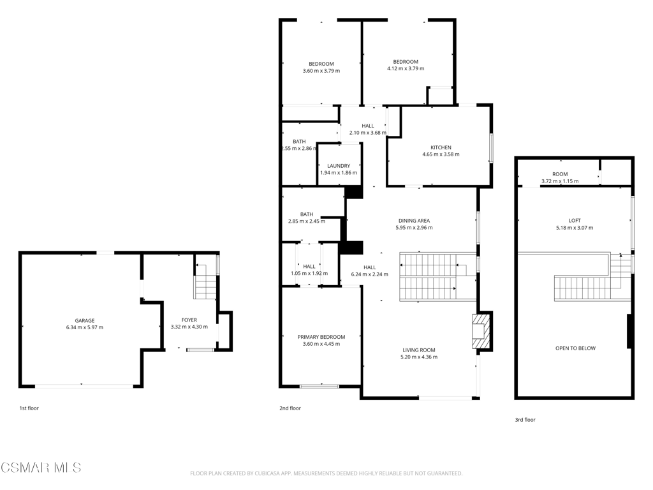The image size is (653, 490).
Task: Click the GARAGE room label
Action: [x=85, y=320]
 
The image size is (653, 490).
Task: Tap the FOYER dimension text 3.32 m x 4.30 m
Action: [x=189, y=327]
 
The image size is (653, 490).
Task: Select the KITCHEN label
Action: [x=441, y=147]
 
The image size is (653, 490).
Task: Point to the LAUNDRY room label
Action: [x=339, y=166]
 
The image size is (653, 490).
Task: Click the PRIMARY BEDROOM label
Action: [x=321, y=337]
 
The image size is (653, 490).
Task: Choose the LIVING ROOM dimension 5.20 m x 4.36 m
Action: [x=419, y=357]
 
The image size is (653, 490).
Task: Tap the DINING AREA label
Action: [x=414, y=221]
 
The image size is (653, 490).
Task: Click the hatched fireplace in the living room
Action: [x=479, y=331]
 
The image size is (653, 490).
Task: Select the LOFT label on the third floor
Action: [x=575, y=220]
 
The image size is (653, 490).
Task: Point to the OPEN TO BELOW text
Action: [x=576, y=348]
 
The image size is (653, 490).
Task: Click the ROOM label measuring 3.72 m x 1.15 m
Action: [x=560, y=174]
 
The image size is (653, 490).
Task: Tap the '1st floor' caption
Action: [x=29, y=408]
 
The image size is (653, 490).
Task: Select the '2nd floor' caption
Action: [x=290, y=408]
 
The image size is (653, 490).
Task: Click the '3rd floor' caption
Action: [x=525, y=420]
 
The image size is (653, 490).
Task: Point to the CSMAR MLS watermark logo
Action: [x=41, y=468]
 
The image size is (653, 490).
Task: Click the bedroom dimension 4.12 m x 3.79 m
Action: [x=406, y=69]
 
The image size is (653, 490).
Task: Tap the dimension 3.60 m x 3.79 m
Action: [x=321, y=71]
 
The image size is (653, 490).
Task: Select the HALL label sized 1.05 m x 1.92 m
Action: [x=309, y=267]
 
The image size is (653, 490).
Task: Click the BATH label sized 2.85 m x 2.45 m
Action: [x=307, y=214]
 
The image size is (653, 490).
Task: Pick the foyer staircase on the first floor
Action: [x=205, y=281]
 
